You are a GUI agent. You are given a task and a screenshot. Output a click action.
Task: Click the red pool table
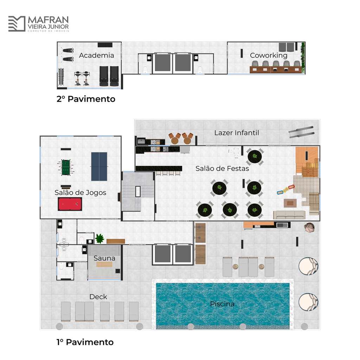tap(70, 204)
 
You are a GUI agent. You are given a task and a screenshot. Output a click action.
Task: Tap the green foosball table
tap(66, 167)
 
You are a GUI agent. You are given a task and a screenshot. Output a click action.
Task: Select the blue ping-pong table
tap(99, 166)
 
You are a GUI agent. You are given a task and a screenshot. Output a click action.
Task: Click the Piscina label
tap(222, 304)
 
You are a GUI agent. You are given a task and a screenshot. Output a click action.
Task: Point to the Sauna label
tap(104, 258)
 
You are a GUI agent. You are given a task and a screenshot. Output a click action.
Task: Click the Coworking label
tap(269, 55)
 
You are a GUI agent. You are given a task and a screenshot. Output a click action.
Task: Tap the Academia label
tap(96, 55)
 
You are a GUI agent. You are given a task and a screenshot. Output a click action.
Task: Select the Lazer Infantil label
tap(237, 133)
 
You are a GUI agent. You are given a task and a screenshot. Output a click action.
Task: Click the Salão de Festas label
tap(222, 168)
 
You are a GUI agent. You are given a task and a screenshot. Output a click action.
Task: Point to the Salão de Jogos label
tap(81, 192)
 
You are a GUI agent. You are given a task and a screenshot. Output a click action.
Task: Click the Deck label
tap(98, 297)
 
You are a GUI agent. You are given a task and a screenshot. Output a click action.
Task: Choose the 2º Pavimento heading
tap(86, 99)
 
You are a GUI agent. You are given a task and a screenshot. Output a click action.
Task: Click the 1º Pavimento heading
tap(85, 342)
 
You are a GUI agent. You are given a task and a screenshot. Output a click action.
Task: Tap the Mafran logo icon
tap(17, 24)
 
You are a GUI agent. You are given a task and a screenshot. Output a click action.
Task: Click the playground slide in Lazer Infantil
tap(301, 132)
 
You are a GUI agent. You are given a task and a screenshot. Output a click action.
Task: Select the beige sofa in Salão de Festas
tap(289, 215)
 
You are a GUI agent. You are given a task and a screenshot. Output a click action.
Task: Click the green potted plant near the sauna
tap(99, 239)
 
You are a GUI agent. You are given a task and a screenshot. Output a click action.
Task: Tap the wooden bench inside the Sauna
tap(104, 264)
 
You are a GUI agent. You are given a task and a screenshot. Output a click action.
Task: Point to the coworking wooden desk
tap(276, 70)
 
